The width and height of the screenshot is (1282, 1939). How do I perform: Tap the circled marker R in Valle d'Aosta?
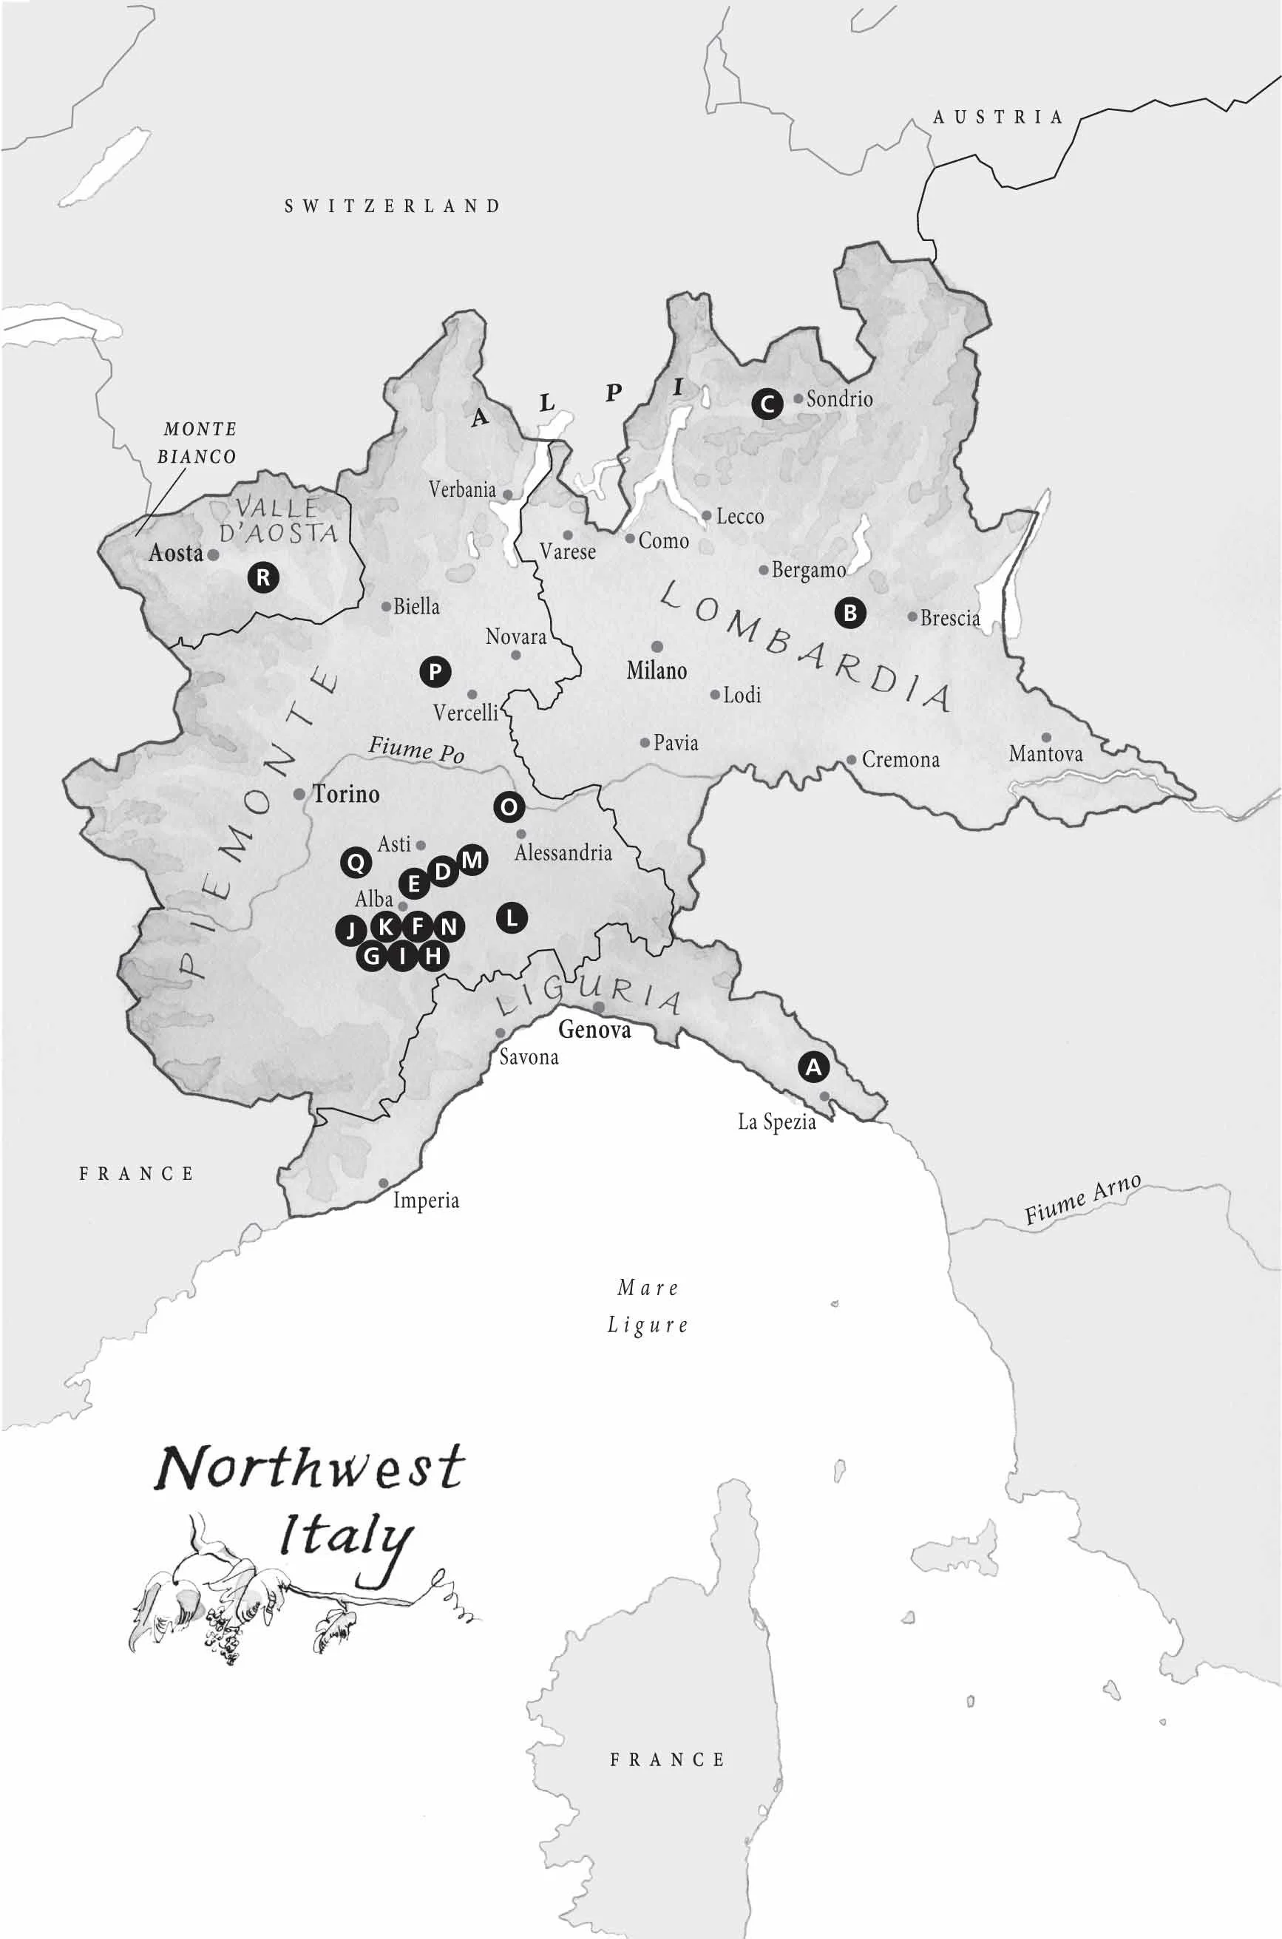(263, 578)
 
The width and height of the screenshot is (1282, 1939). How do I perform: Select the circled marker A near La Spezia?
(813, 1067)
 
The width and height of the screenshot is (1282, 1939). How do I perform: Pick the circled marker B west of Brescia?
(849, 612)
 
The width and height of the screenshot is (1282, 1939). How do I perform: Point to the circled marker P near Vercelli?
(435, 672)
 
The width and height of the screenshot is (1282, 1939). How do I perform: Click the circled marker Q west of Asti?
(356, 862)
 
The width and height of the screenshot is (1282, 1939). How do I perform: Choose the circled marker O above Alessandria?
(509, 808)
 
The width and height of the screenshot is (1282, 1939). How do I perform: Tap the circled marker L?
(512, 917)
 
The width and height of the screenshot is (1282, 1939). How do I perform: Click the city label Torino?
(346, 794)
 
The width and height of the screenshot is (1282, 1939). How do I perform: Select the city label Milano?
(657, 671)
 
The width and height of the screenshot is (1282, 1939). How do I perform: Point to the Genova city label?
(594, 1030)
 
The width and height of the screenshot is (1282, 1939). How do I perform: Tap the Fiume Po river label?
(416, 749)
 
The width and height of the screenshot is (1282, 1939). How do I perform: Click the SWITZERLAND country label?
(393, 206)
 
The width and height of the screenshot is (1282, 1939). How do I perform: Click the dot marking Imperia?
(383, 1183)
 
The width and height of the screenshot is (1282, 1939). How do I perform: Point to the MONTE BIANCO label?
(197, 442)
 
